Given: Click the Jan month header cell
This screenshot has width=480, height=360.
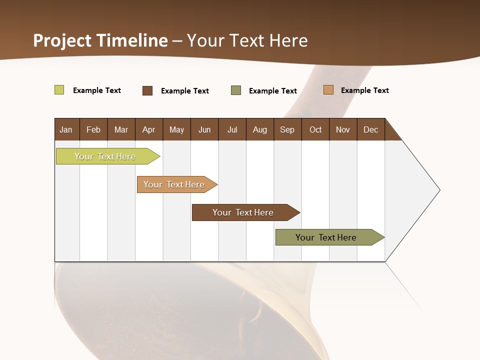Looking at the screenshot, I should (x=66, y=129).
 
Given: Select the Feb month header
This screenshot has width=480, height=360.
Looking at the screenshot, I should (x=93, y=129).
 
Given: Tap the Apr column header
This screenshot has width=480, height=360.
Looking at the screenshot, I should (x=149, y=129).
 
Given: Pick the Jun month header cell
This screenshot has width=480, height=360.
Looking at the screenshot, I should (x=204, y=129).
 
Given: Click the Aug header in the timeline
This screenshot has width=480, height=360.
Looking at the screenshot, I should (x=260, y=129).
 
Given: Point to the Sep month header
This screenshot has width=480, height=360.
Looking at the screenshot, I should (x=287, y=129).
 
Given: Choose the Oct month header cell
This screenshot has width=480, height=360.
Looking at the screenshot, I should (x=315, y=129).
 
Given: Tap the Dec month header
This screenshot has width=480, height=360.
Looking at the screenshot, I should (x=371, y=129).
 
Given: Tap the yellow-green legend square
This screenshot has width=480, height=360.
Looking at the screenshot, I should (x=59, y=90).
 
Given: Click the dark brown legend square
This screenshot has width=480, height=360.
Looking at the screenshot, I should (x=147, y=90).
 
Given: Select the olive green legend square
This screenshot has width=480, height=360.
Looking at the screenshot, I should (x=236, y=90).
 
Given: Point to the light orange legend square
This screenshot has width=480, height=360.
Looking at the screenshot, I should (x=328, y=90).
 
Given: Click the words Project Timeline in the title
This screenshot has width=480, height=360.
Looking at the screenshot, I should (x=100, y=40).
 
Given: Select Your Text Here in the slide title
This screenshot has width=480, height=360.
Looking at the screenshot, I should (x=247, y=40).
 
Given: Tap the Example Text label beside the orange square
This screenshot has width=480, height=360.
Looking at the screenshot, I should (x=364, y=90).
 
